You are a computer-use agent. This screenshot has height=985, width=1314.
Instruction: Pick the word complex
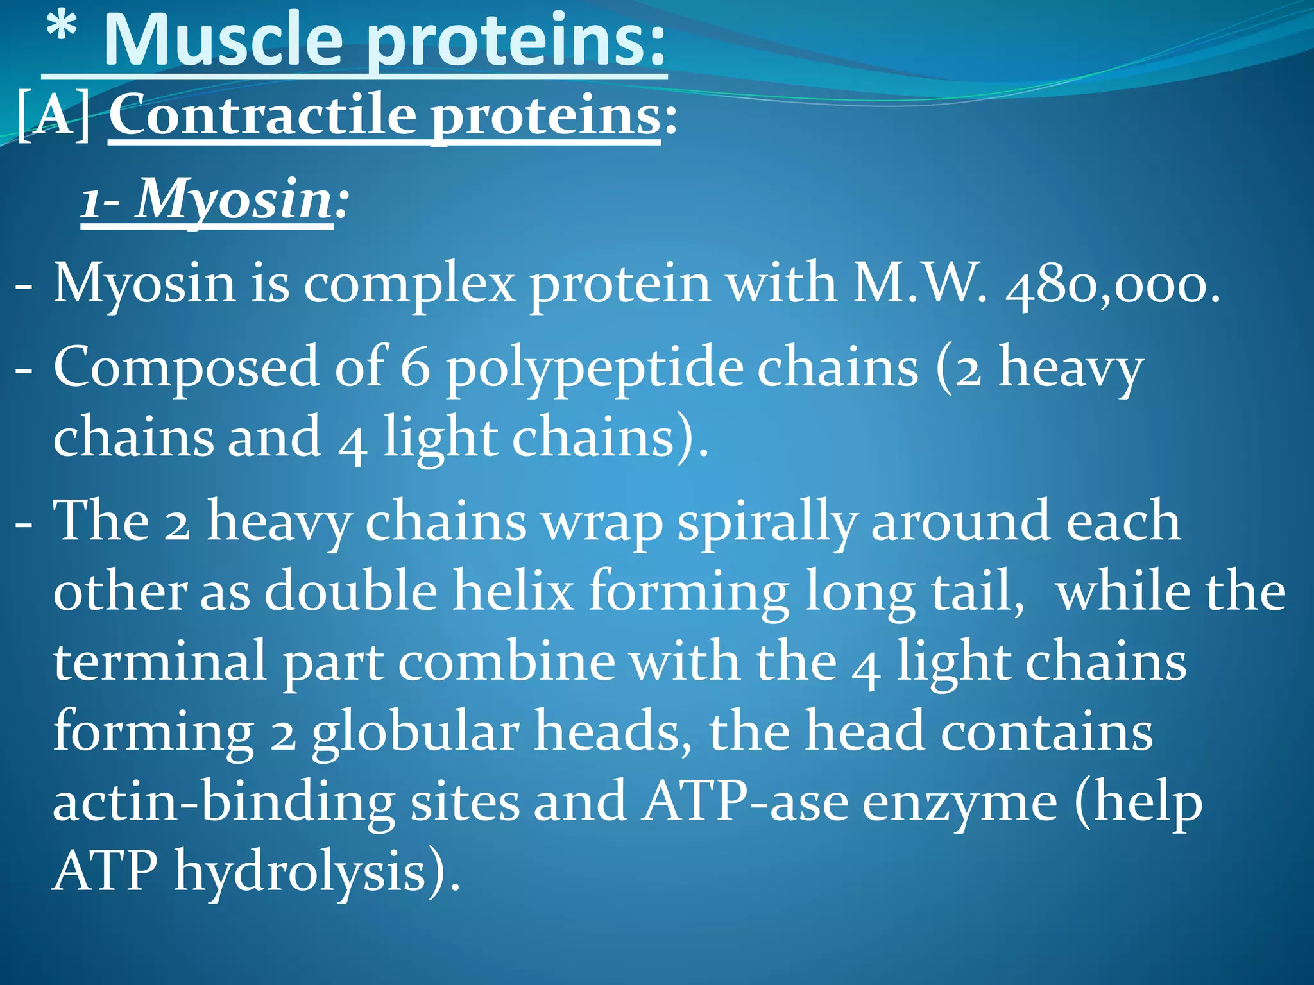point(409,284)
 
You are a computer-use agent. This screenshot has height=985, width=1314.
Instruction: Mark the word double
point(350,590)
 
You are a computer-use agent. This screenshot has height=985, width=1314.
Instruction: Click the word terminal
point(160,661)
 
